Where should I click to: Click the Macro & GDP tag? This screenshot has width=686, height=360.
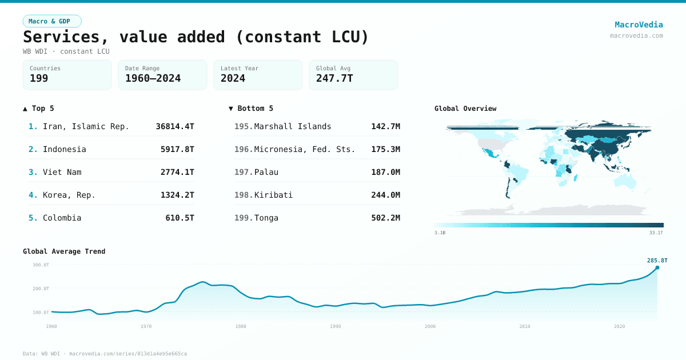point(52,21)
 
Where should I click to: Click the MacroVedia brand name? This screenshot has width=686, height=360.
point(639,25)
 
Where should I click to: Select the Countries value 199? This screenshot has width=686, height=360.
point(39,78)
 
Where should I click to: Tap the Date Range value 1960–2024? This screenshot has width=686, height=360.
point(153,78)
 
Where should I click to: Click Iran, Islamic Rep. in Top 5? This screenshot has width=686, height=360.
point(86,126)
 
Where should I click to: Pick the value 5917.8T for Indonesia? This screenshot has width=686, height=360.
point(177,149)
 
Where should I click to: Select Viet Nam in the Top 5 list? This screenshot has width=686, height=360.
point(62,172)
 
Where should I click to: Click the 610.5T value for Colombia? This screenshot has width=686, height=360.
point(180,218)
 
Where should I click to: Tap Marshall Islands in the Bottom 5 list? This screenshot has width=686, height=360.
point(293,126)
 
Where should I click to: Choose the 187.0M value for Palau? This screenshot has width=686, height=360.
point(385,172)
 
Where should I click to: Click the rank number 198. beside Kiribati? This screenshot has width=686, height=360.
point(244,195)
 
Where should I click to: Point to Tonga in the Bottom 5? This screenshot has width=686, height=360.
point(266,218)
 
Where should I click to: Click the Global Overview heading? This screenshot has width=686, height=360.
point(465,109)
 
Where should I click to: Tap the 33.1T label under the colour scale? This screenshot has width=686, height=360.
point(656,233)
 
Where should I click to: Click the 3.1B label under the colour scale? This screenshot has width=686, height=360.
point(440,233)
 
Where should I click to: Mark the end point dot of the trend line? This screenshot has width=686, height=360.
point(657,267)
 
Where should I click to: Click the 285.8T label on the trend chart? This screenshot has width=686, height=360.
point(657,261)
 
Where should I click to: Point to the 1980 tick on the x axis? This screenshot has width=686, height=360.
point(241,326)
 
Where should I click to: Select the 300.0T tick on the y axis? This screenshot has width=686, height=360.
point(41,265)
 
